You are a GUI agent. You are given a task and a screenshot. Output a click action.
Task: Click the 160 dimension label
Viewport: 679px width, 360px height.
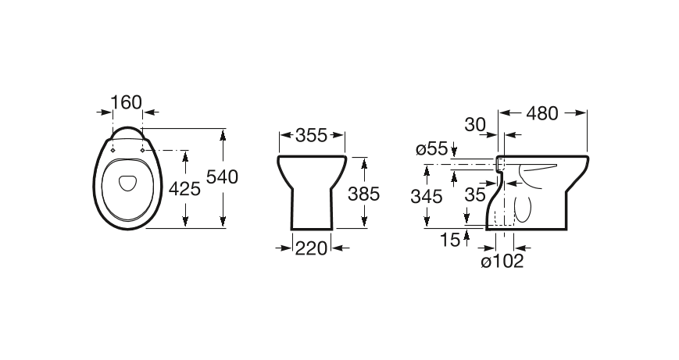click(x=127, y=102)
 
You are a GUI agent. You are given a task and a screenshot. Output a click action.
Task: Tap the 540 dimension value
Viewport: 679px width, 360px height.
click(x=222, y=177)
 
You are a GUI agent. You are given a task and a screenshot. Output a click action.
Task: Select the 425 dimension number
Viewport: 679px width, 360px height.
click(x=184, y=189)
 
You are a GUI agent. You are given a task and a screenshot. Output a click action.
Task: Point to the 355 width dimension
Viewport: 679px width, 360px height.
click(x=311, y=135)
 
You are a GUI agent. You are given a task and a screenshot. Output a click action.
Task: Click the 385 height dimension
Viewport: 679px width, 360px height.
click(x=364, y=194)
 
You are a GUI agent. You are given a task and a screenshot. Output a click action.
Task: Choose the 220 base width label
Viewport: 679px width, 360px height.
click(x=311, y=248)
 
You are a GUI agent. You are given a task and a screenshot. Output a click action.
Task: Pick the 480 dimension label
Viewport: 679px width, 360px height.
click(x=542, y=113)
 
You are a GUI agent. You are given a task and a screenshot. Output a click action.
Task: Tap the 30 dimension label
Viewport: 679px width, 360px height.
click(x=475, y=125)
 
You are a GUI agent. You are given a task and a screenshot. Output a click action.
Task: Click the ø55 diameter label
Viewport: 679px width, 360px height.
click(x=432, y=149)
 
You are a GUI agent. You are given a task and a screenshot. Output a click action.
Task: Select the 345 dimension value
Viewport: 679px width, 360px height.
click(x=427, y=197)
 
